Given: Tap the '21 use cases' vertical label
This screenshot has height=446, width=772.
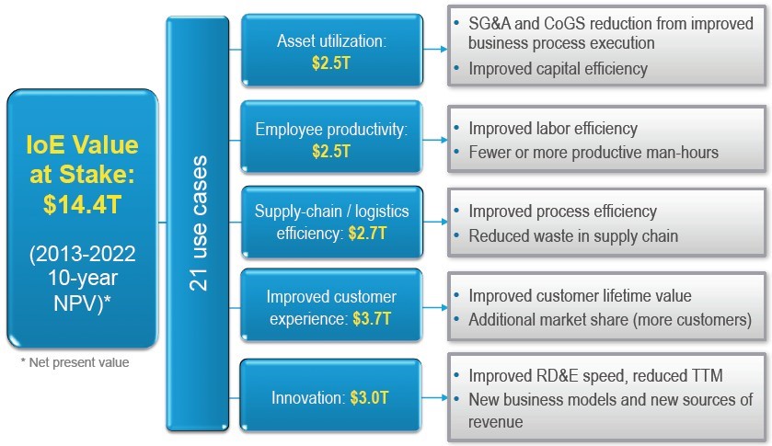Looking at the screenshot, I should pos(198,223).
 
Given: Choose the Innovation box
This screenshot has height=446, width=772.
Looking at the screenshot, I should pos(331,398).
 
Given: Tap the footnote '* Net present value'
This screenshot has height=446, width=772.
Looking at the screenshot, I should pos(75,363).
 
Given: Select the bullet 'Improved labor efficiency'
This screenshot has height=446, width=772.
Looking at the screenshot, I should pos(553,129).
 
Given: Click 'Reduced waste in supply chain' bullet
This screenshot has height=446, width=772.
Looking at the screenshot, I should pos(573,236).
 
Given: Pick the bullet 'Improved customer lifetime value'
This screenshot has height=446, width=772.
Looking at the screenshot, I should pos(580,296).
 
